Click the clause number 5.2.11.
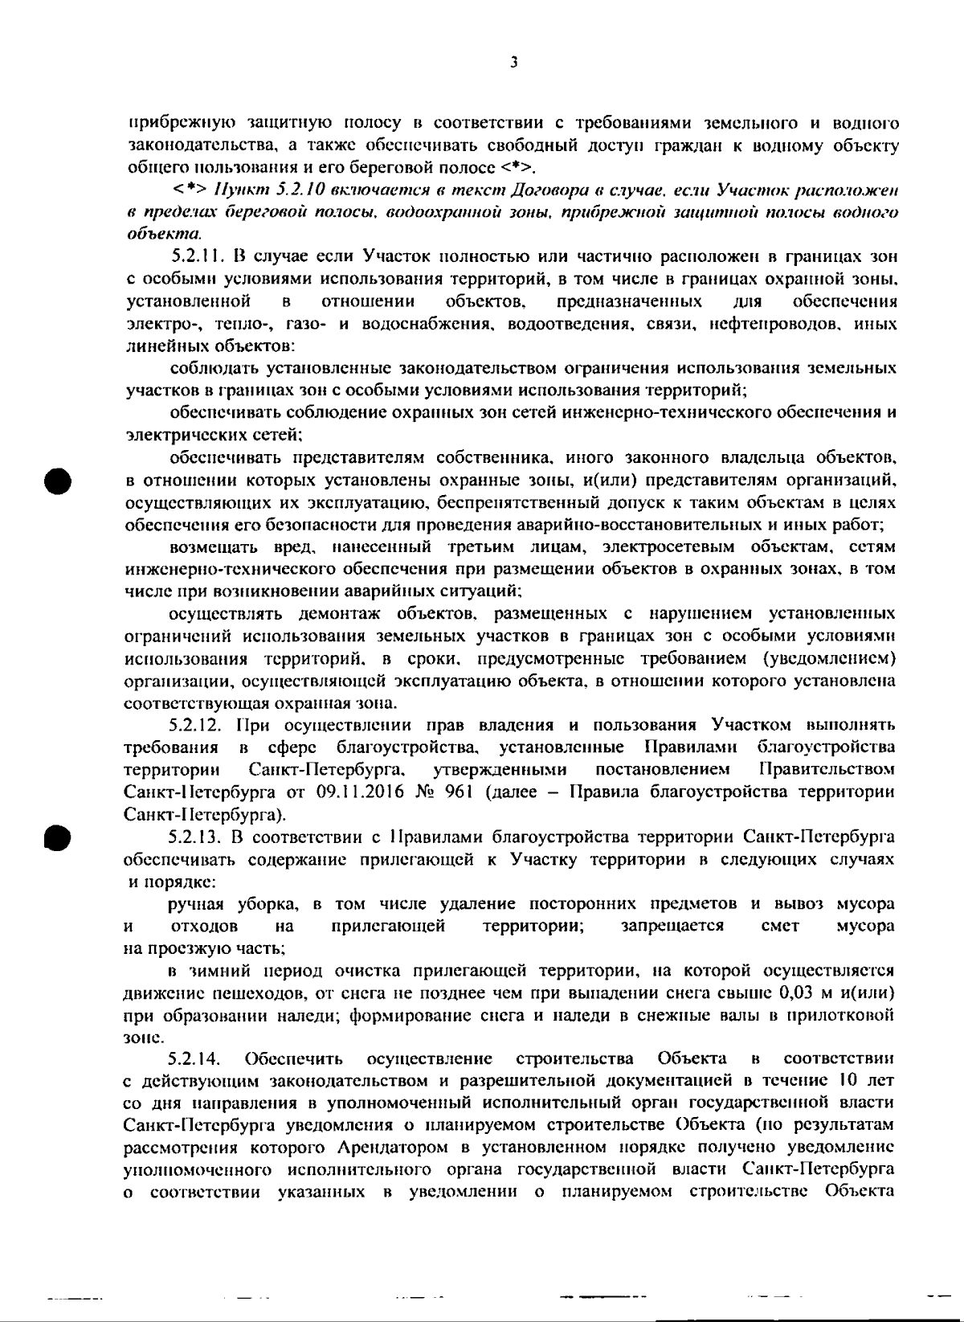198,258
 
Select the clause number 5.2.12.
198,726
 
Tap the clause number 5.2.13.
198,837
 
